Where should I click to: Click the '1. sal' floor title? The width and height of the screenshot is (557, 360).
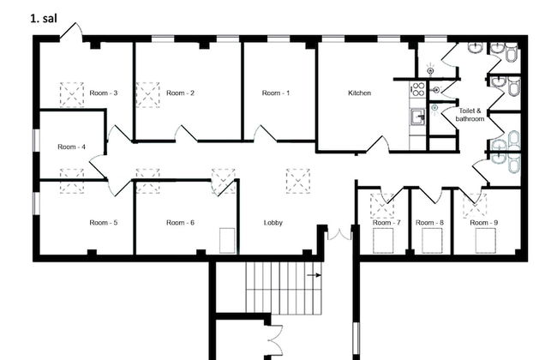44,19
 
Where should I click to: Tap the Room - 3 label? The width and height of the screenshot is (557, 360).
104,93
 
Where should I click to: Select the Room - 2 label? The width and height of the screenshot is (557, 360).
180,93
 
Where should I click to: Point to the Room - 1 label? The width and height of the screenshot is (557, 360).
276,93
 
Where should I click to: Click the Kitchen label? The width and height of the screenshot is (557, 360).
360,93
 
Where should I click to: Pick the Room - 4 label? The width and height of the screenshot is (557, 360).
71,147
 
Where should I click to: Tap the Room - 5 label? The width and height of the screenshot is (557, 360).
104,223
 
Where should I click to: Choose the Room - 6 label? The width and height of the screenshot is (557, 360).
180,223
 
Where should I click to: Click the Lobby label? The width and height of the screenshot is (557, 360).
273,223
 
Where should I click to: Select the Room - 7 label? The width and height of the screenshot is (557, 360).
386,223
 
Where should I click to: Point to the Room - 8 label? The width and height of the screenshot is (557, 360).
429,223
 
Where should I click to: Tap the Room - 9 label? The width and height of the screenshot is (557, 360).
484,223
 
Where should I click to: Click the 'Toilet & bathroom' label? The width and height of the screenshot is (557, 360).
470,115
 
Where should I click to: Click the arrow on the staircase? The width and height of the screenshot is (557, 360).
314,275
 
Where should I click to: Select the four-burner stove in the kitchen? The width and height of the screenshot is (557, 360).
418,89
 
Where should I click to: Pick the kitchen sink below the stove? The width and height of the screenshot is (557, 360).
418,117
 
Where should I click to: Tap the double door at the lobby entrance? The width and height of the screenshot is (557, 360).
339,235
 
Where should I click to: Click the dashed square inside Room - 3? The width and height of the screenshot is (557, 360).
72,94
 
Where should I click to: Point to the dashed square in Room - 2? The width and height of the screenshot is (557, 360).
147,94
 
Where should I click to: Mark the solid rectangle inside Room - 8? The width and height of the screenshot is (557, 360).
432,241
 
